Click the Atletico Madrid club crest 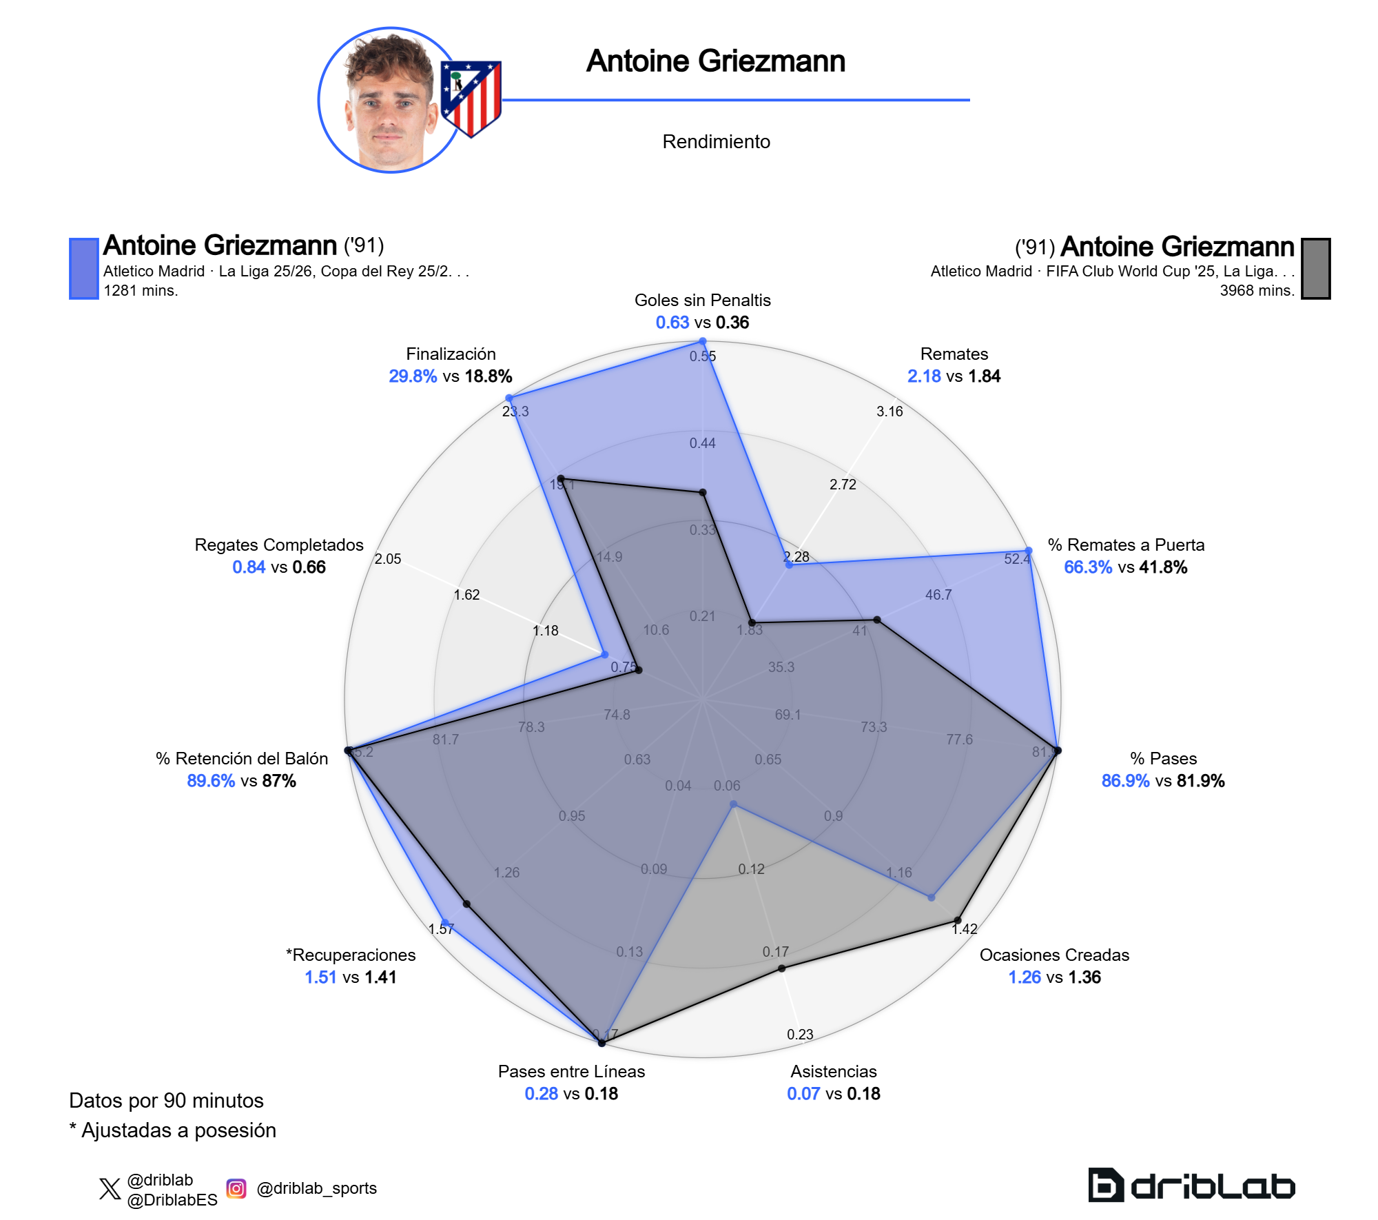(x=471, y=99)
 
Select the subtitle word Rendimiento (x=716, y=142)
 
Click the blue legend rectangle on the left (x=84, y=269)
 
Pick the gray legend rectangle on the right (x=1315, y=269)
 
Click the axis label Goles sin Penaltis (x=702, y=301)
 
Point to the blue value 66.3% (x=1088, y=567)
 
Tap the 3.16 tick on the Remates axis (x=889, y=411)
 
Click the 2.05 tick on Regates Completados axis (x=388, y=559)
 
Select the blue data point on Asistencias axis (x=734, y=804)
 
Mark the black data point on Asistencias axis (x=782, y=968)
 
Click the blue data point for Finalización (x=509, y=398)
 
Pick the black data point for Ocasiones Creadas (x=958, y=920)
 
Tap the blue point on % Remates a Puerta (x=1029, y=551)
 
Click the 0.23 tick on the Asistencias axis (x=800, y=1035)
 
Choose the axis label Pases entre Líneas (x=571, y=1072)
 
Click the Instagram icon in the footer (x=236, y=1188)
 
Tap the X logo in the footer (x=110, y=1189)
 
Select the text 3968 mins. (x=1257, y=291)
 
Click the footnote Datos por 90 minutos (x=166, y=1101)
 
